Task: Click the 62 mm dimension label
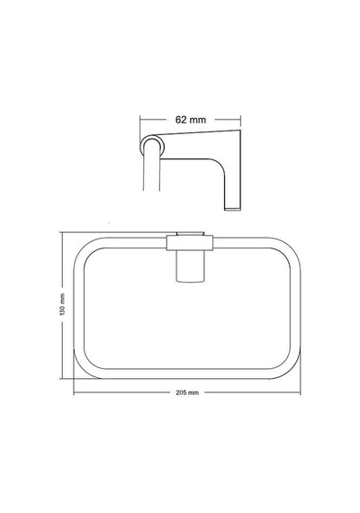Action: pos(191,120)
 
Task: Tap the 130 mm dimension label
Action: pos(62,304)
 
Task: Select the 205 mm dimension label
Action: pos(187,392)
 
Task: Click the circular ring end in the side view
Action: pos(152,145)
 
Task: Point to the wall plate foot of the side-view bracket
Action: pos(233,208)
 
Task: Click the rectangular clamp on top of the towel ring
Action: pos(190,243)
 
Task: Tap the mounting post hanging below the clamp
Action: pos(190,266)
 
